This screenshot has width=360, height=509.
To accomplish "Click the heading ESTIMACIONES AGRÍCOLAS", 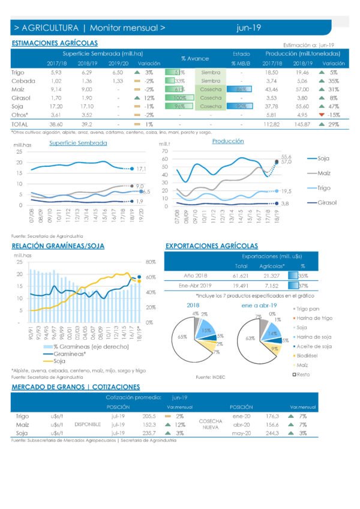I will click(55, 43).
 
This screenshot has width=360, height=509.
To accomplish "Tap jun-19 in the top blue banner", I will click(249, 28).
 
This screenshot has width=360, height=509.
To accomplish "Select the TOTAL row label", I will click(21, 123).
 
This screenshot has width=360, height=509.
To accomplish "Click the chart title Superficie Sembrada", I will click(78, 143).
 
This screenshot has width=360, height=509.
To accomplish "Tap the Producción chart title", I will click(228, 141).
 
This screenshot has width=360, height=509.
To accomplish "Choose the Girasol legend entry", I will click(327, 203).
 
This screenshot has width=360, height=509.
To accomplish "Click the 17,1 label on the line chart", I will click(142, 170).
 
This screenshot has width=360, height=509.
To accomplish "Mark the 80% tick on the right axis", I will click(151, 262).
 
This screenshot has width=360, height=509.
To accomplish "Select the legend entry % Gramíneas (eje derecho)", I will click(90, 348).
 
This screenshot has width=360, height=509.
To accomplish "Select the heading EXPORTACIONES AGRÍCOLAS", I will click(211, 246).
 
